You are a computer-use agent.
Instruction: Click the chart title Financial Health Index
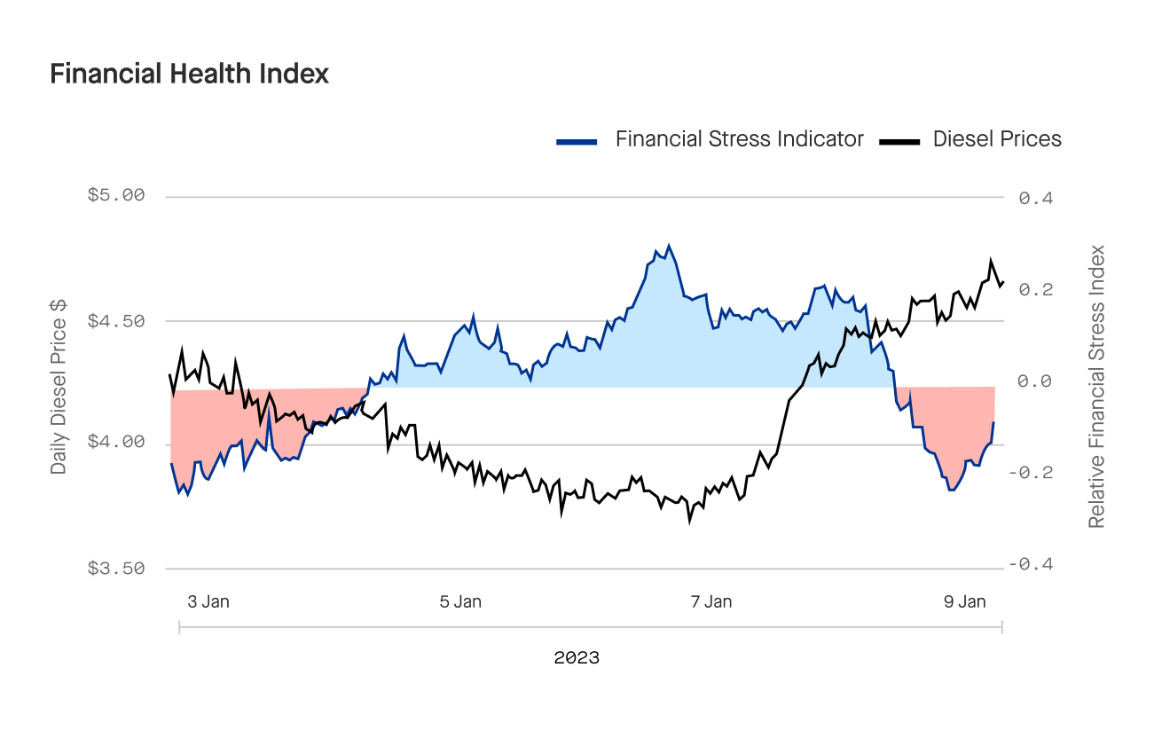tap(189, 74)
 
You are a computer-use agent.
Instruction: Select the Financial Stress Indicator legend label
tap(739, 139)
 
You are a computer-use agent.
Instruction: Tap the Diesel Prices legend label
tap(997, 139)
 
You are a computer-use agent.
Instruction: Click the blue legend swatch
tap(577, 141)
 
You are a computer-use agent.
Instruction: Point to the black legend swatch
tap(899, 141)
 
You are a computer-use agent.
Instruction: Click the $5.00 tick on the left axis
tap(115, 195)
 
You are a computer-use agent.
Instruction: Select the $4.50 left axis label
tap(115, 320)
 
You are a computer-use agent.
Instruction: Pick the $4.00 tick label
tap(115, 443)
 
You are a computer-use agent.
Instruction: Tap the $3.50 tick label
tap(115, 568)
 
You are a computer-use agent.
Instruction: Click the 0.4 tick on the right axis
tap(1035, 198)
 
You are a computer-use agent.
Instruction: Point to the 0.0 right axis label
tap(1035, 381)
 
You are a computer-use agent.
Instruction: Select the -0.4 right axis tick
tap(1031, 565)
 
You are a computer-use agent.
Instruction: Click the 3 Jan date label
tap(208, 601)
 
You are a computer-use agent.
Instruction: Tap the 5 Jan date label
tap(460, 601)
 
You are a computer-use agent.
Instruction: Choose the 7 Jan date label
tap(711, 601)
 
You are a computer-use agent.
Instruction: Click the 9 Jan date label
tap(964, 601)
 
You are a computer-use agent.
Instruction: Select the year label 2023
tap(577, 658)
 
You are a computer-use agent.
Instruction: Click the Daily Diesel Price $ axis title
tap(59, 386)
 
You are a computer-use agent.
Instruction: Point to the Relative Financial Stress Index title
tap(1097, 386)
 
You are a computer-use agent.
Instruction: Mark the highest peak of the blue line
tap(669, 246)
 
